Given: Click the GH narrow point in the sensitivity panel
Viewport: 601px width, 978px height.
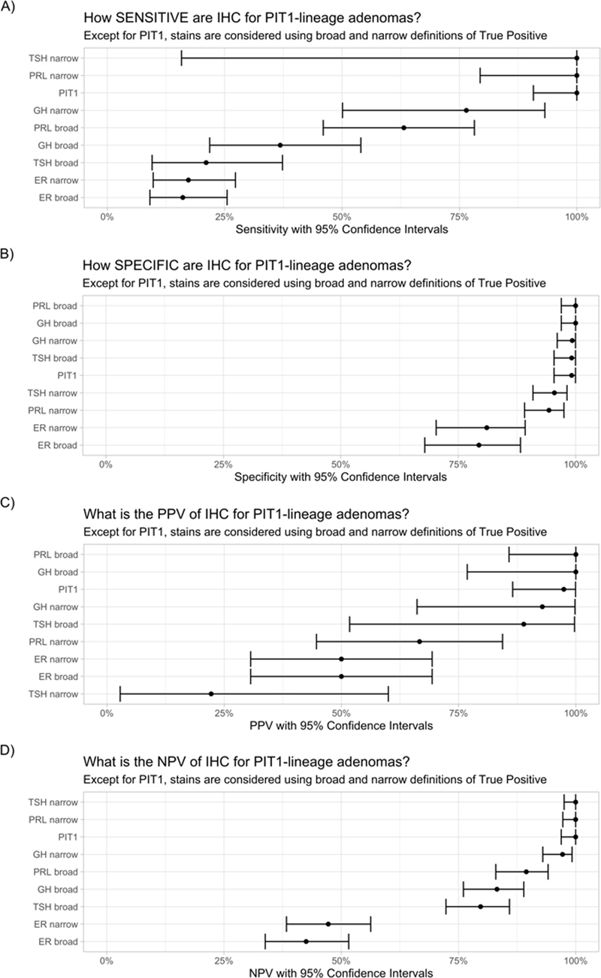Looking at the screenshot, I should [467, 110].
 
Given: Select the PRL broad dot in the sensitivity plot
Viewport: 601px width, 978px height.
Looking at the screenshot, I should [404, 128].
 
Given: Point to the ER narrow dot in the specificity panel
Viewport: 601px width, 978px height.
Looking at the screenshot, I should [487, 428].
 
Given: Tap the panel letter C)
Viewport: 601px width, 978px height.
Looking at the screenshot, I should [11, 498].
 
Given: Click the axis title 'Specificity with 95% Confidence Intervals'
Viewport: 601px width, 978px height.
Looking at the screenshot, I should [341, 477].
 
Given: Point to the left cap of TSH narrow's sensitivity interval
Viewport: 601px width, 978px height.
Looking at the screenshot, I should [181, 58].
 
